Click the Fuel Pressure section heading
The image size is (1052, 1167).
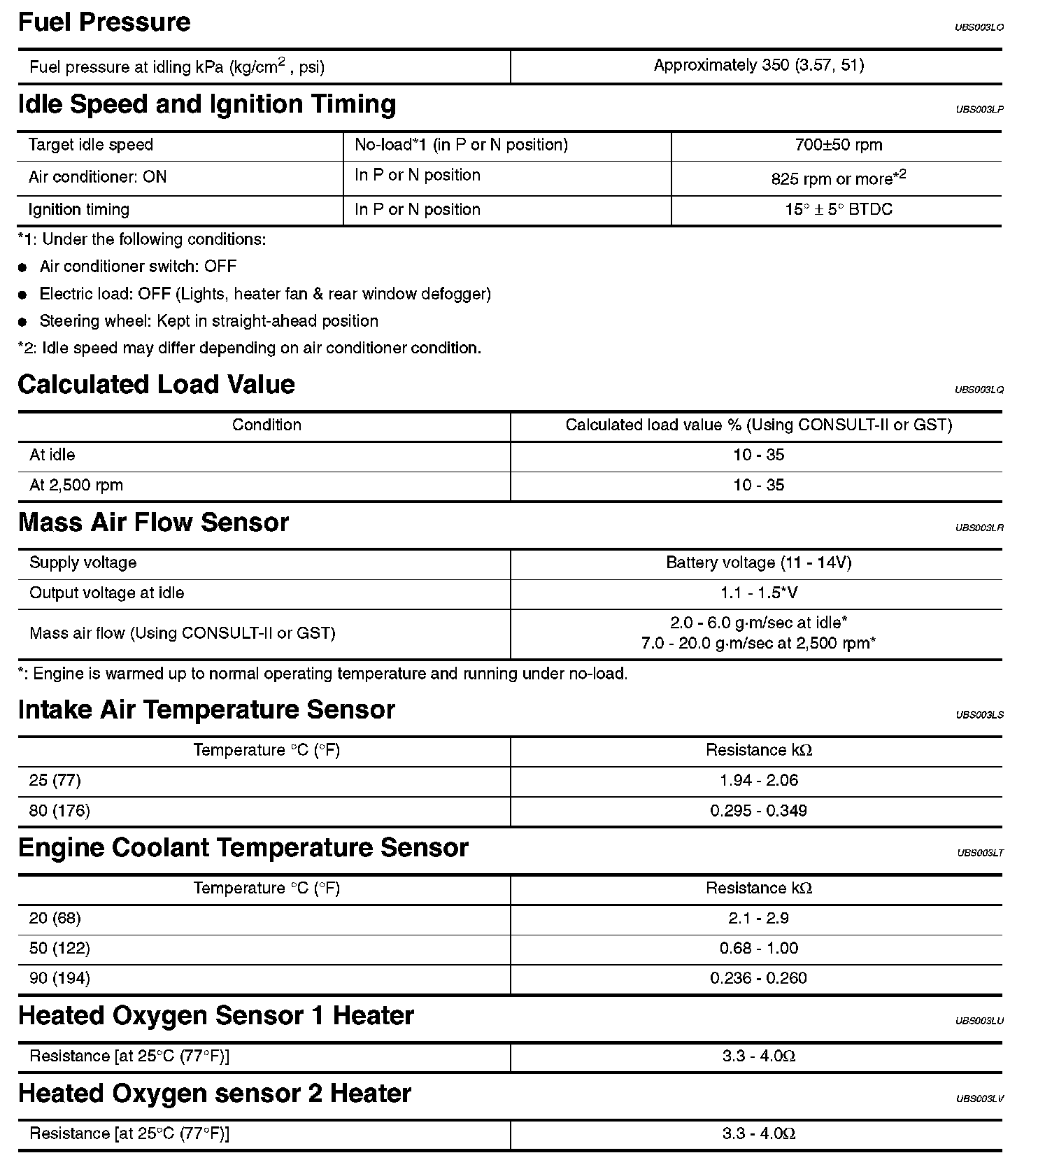[x=104, y=22]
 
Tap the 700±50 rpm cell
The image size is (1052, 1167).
[x=838, y=145]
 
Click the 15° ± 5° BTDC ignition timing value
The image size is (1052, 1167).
[x=838, y=209]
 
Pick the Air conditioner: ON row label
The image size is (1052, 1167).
[x=97, y=177]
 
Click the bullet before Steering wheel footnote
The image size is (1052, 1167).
[x=23, y=322]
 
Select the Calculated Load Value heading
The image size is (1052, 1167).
[x=156, y=385]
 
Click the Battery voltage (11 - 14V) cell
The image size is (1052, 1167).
[x=758, y=563]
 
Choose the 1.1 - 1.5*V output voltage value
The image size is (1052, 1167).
[x=758, y=593]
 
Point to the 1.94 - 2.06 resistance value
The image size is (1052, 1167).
[x=758, y=780]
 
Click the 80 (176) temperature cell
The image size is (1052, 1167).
[x=59, y=811]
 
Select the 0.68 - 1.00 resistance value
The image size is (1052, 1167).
[x=758, y=948]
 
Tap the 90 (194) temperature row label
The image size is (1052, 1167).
[x=59, y=978]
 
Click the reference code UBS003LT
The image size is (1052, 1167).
[x=979, y=853]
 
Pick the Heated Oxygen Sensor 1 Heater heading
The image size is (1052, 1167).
[x=215, y=1016]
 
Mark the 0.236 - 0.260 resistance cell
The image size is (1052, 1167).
[x=758, y=978]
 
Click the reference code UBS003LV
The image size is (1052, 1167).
[x=979, y=1098]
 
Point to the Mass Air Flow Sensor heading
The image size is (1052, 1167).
[x=153, y=523]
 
